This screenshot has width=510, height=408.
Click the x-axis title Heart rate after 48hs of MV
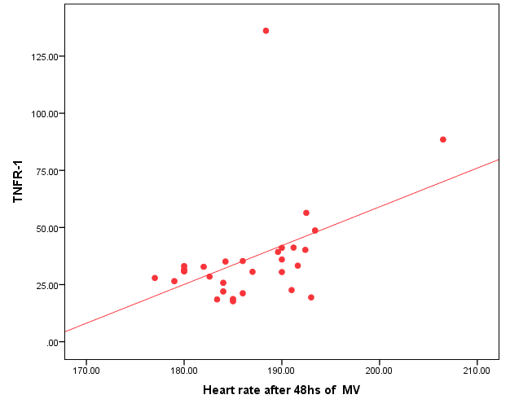(x=281, y=389)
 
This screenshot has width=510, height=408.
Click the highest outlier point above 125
(x=266, y=31)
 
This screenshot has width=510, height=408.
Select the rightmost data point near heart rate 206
(x=443, y=139)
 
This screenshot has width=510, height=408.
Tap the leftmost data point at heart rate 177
(x=155, y=278)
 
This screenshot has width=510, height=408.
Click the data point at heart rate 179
(x=174, y=281)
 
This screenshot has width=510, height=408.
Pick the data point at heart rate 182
(x=204, y=267)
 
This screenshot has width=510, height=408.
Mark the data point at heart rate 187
(x=253, y=272)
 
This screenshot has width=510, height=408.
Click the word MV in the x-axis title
(x=350, y=389)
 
